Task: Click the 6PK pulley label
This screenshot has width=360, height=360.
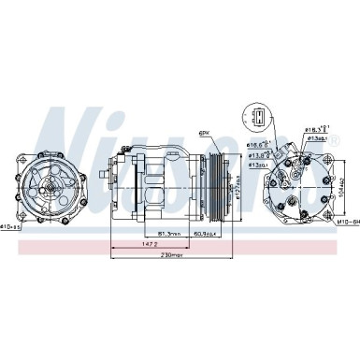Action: tap(204, 133)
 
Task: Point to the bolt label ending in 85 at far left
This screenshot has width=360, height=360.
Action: tap(15, 225)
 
